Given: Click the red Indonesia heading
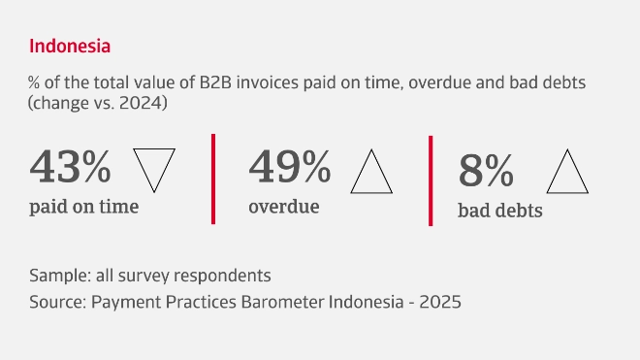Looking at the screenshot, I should click(x=70, y=46).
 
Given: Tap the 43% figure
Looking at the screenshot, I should click(x=71, y=166).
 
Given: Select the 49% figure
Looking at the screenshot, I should click(x=290, y=166).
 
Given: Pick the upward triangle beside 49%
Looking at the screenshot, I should click(x=371, y=171).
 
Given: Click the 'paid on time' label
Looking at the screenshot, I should click(x=83, y=207).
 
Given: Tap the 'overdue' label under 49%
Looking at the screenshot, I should click(x=283, y=207).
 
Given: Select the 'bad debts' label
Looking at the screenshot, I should click(x=499, y=210).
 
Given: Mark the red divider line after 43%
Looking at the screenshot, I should click(x=212, y=179).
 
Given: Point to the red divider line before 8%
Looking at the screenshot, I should click(x=431, y=180).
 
